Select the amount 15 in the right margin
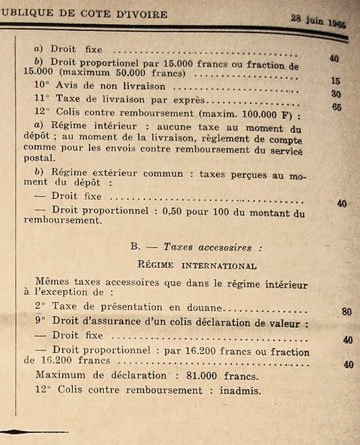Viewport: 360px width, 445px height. pyautogui.click(x=335, y=80)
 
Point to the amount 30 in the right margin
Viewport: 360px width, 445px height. pyautogui.click(x=336, y=94)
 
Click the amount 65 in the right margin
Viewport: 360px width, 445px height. pyautogui.click(x=337, y=108)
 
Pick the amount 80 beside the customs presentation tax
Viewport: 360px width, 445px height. pyautogui.click(x=347, y=311)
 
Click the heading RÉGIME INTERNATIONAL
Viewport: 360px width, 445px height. pyautogui.click(x=197, y=265)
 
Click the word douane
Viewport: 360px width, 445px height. pyautogui.click(x=206, y=307)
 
